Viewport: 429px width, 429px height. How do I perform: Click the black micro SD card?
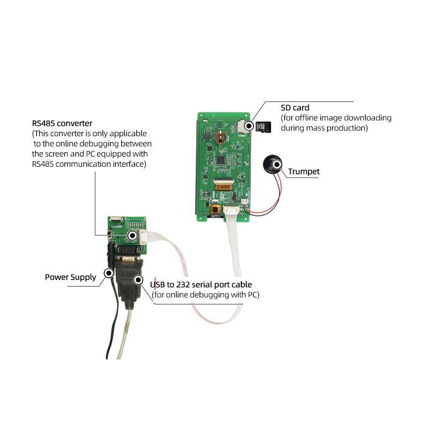tap(263, 127)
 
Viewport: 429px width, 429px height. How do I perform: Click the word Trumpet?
tap(304, 172)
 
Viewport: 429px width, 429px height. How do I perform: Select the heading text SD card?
tap(295, 108)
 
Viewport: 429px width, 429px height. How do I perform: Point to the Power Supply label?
tap(70, 277)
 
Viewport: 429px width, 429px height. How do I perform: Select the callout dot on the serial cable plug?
tap(138, 279)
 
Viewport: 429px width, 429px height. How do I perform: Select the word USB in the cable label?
tap(158, 284)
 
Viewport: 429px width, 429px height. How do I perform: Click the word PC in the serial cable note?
tap(253, 294)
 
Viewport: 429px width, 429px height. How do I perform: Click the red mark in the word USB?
tap(155, 284)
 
